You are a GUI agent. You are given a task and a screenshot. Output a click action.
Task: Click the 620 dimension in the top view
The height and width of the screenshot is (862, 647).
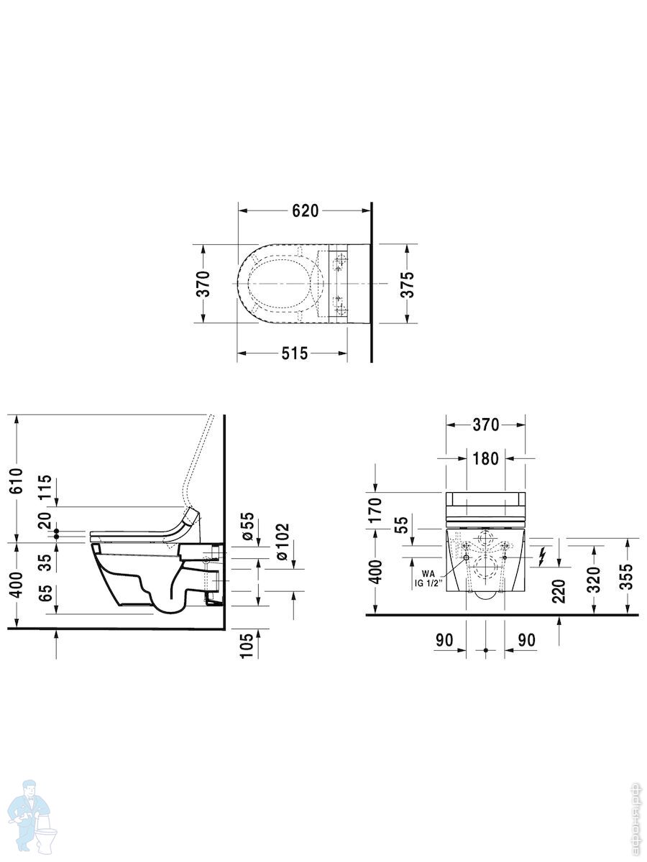click(306, 211)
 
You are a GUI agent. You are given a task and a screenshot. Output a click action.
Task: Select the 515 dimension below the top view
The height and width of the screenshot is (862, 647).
click(295, 353)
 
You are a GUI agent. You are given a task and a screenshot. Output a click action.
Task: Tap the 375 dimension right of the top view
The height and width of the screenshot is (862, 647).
click(408, 284)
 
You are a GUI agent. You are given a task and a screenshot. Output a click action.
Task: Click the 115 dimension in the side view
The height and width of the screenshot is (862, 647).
click(45, 486)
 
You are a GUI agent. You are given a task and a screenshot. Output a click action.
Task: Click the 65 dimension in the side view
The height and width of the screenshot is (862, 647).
click(45, 593)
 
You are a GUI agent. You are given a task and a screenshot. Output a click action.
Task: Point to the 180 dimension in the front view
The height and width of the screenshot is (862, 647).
click(485, 458)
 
